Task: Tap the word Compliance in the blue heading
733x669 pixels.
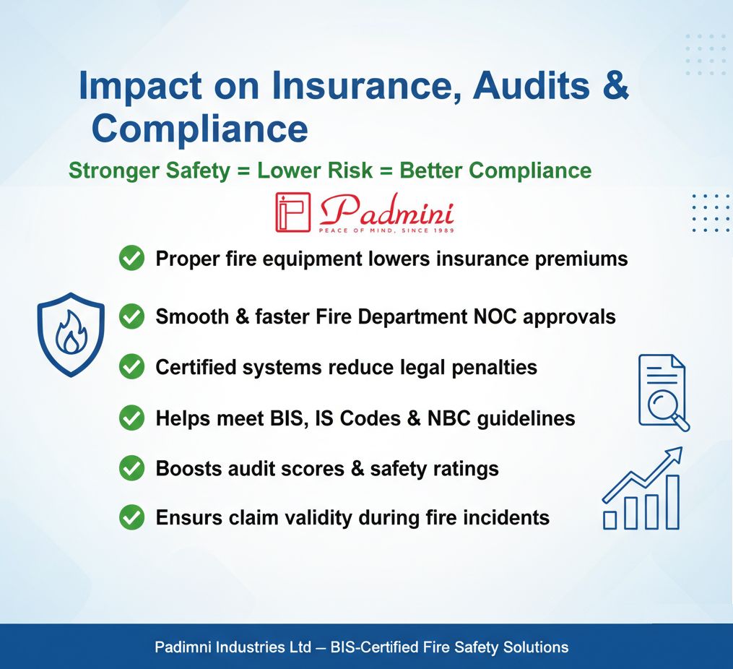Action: pos(200,129)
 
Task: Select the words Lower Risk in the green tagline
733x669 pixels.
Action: pos(315,171)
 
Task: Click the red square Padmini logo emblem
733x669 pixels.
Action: pos(292,212)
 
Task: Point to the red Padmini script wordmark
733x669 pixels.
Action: pos(386,210)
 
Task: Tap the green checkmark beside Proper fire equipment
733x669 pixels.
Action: pos(132,258)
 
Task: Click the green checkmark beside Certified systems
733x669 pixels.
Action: pos(132,366)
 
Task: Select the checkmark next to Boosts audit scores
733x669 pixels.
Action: pos(132,468)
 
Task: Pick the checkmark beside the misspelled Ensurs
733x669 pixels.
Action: pos(132,517)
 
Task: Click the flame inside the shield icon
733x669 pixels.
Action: pos(71,332)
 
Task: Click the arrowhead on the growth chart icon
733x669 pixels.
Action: pos(674,455)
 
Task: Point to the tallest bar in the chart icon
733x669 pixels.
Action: pos(672,502)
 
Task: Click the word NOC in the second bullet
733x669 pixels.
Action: pos(495,317)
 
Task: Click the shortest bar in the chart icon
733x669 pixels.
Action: pos(610,520)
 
